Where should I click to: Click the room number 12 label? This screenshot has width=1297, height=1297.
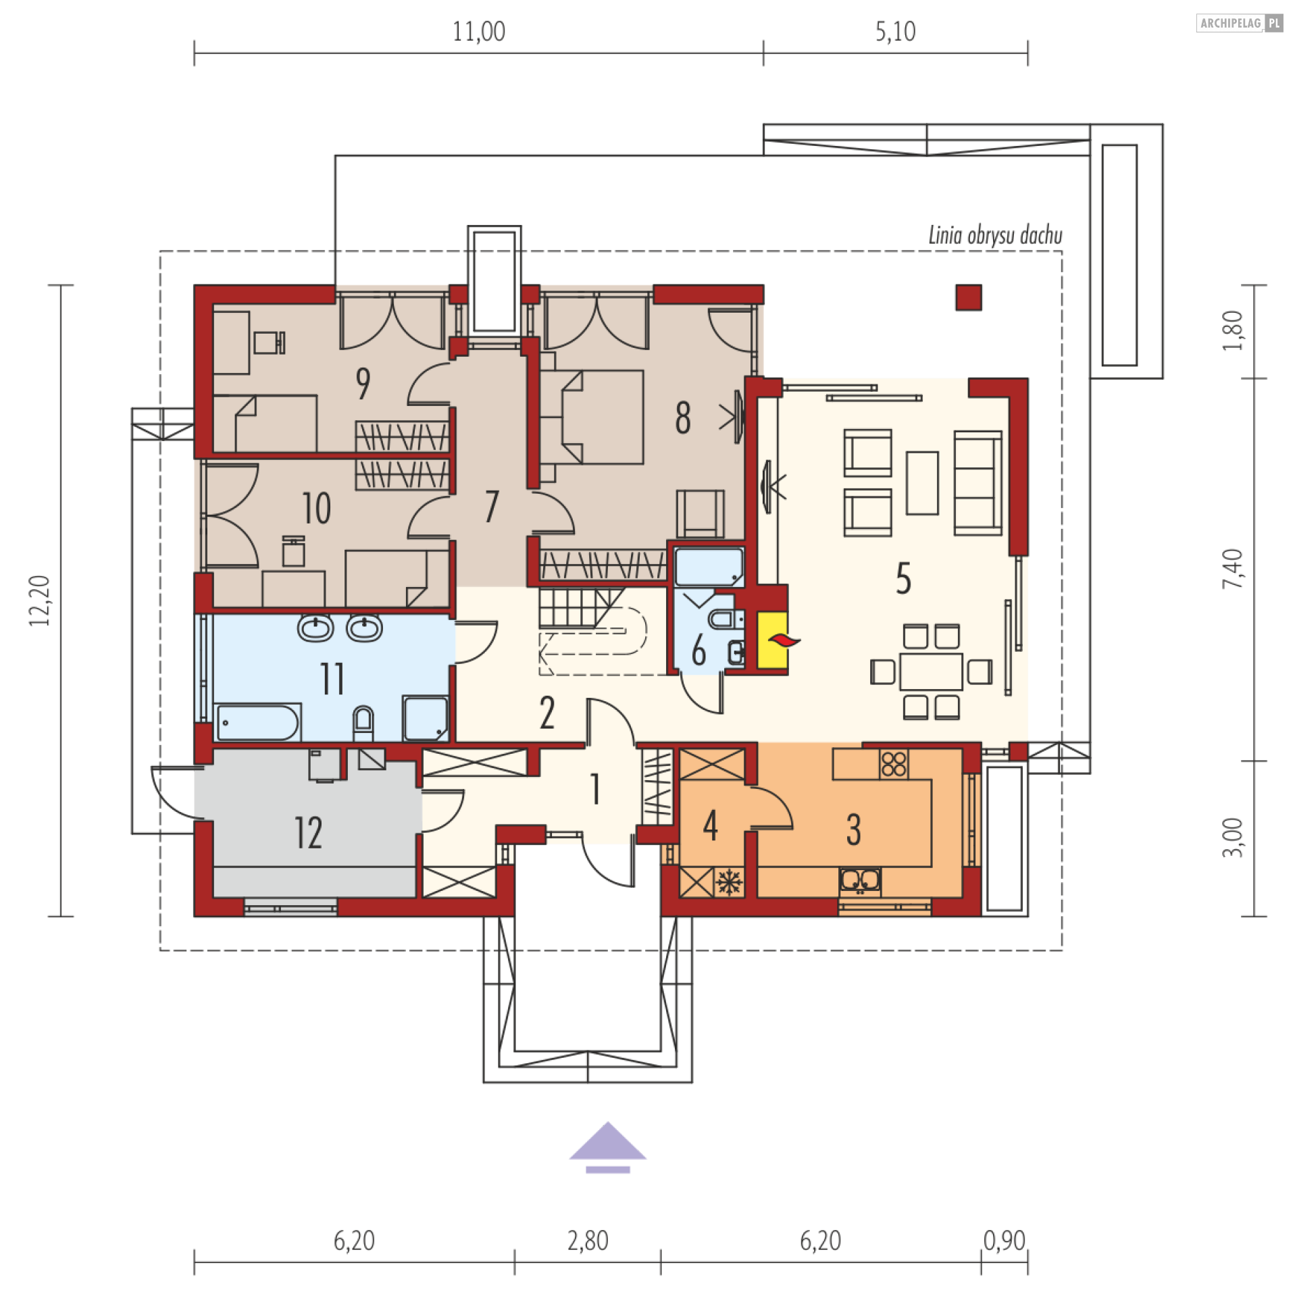click(x=308, y=832)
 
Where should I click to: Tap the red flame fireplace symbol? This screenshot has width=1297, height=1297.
click(x=784, y=640)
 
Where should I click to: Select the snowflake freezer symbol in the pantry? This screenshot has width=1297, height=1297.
click(x=729, y=882)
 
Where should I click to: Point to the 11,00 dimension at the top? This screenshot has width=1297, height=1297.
click(x=478, y=32)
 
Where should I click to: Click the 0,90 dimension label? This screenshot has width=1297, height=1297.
click(x=1004, y=1240)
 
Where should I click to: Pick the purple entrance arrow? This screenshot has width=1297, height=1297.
click(x=607, y=1147)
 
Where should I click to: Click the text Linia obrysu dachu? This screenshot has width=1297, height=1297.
click(x=995, y=236)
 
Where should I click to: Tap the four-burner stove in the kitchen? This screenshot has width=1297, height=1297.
click(x=894, y=765)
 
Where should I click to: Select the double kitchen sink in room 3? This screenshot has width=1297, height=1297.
click(x=860, y=881)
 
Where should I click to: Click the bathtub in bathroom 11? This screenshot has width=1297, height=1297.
click(x=257, y=722)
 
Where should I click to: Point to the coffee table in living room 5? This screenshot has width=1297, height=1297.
click(x=922, y=483)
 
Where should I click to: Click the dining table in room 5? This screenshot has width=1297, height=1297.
click(x=931, y=671)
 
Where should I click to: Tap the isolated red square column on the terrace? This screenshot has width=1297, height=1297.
click(x=968, y=297)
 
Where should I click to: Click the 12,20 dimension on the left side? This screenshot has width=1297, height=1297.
click(x=40, y=601)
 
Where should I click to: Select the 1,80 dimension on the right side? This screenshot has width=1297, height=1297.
click(x=1232, y=330)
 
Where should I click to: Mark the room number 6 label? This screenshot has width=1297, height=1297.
click(x=698, y=651)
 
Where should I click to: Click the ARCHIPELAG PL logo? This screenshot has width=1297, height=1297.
click(x=1240, y=23)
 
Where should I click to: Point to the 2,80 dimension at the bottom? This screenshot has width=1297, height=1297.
click(x=588, y=1241)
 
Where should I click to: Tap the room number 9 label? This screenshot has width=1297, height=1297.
click(x=363, y=383)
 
